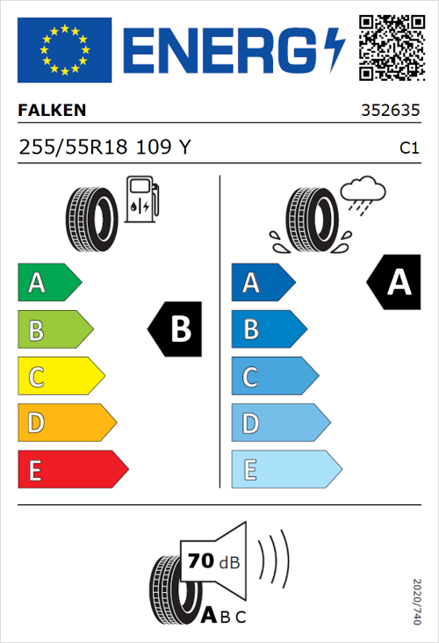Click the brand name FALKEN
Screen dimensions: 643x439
[x=53, y=111]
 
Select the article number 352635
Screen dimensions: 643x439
[x=389, y=112]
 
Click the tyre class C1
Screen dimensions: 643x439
[x=408, y=148]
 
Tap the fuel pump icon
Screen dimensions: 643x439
[x=141, y=199]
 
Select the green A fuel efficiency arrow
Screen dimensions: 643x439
[x=49, y=283]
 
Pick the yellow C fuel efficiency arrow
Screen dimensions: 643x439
[x=61, y=377]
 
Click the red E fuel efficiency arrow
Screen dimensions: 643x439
[x=73, y=470]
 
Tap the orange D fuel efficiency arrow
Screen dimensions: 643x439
[x=67, y=423]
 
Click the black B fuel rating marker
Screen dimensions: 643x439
[x=176, y=329]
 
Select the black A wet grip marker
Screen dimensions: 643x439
[x=394, y=282]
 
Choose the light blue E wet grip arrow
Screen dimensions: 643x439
[x=285, y=470]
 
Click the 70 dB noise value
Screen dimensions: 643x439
[x=211, y=560]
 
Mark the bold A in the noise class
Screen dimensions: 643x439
[x=209, y=616]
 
